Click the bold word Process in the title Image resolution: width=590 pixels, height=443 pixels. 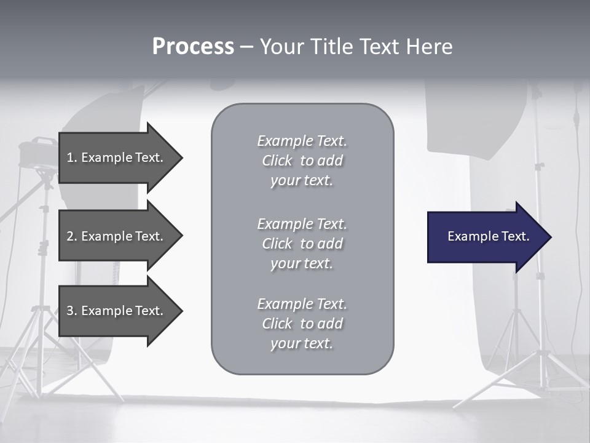(193, 47)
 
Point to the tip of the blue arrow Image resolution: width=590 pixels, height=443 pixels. (549, 237)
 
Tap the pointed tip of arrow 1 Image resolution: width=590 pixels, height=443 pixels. (181, 158)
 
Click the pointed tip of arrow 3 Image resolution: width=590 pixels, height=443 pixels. (181, 311)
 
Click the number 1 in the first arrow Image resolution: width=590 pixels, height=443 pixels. (71, 158)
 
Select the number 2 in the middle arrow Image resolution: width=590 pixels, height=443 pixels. (71, 236)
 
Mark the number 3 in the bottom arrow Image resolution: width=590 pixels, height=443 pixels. (71, 311)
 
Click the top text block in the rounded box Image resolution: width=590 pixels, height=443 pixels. (302, 161)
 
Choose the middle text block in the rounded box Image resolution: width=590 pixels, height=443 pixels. (302, 244)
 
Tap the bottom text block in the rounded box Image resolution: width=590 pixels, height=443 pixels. (302, 324)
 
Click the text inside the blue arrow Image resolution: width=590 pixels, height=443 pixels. (489, 236)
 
